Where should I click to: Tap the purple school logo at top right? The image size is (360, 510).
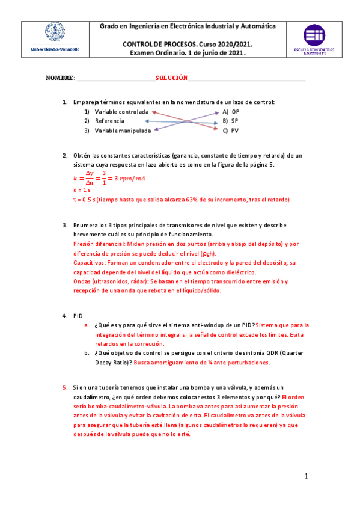[314, 40]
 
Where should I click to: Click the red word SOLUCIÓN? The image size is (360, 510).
[172, 78]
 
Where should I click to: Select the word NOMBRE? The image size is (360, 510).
[59, 78]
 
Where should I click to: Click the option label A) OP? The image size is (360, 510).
[230, 112]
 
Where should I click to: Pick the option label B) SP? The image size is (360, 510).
[230, 121]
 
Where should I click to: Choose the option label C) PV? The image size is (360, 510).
[230, 130]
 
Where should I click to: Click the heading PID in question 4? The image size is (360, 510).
[78, 316]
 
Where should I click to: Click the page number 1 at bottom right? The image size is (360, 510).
[306, 476]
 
